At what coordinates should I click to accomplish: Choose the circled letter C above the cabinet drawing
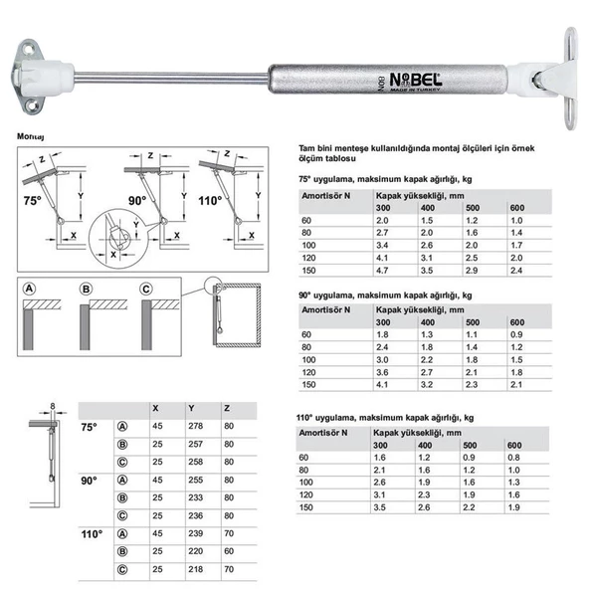click(x=146, y=290)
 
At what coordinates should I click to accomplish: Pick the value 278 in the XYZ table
click(x=194, y=426)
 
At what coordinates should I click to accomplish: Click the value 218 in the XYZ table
click(x=194, y=569)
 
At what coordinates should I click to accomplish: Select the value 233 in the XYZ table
click(x=194, y=497)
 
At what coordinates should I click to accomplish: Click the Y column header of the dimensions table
click(x=189, y=408)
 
